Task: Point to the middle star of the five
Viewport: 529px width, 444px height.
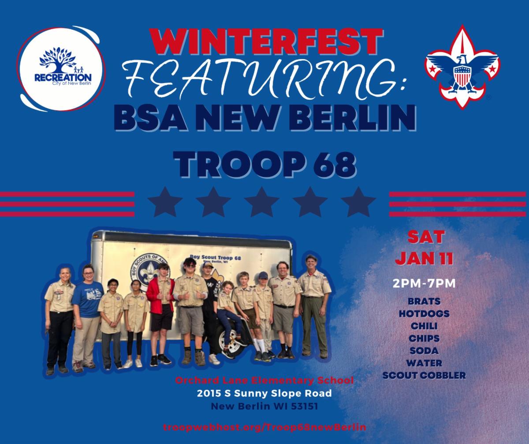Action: click(261, 202)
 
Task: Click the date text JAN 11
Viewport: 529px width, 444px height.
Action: click(425, 258)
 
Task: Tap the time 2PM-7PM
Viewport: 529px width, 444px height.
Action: click(424, 283)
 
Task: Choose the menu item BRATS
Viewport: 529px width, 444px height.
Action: click(424, 301)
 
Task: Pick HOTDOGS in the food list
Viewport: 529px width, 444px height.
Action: click(424, 314)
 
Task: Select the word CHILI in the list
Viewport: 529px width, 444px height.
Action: click(424, 326)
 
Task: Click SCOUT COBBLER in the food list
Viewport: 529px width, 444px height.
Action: click(424, 376)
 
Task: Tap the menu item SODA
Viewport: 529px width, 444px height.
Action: click(424, 351)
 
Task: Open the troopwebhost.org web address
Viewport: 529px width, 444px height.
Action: click(264, 427)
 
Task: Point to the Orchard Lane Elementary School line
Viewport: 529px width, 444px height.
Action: click(264, 380)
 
